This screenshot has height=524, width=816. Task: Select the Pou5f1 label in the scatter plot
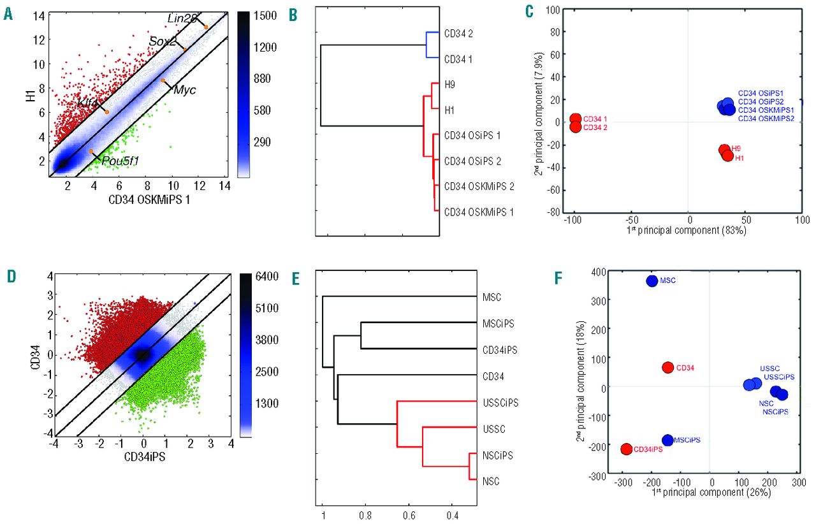[119, 161]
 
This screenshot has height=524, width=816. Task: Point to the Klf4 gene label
[88, 103]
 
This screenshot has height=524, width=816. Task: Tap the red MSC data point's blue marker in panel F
[652, 280]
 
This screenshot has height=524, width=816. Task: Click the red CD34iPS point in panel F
[627, 449]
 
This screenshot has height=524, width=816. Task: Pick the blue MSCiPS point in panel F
[667, 440]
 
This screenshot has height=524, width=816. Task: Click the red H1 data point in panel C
[727, 155]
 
